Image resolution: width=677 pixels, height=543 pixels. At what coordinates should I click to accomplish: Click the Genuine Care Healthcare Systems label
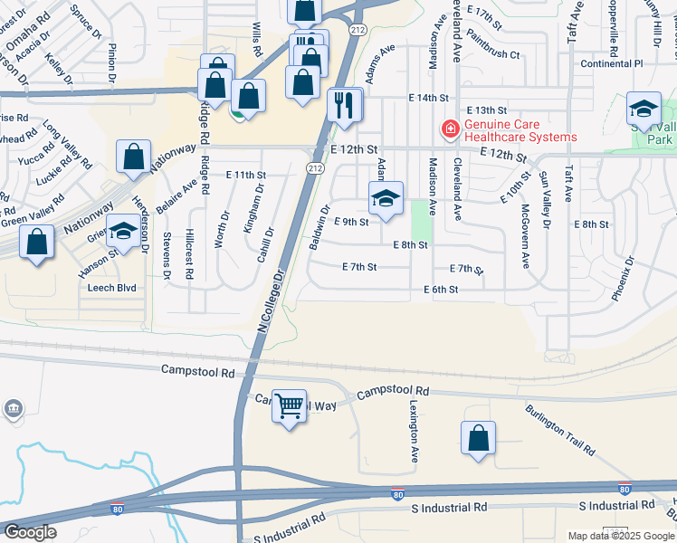pos(520,131)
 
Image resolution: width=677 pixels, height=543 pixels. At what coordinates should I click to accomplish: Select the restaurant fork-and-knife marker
pos(344,105)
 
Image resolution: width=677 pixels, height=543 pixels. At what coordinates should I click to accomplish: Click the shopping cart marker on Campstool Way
pos(290,407)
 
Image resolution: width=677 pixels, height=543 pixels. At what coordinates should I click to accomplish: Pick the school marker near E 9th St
pos(386,199)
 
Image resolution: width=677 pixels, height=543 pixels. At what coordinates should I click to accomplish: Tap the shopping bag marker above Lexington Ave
pos(479,438)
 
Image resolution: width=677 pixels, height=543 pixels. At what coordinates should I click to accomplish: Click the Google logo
pos(30,532)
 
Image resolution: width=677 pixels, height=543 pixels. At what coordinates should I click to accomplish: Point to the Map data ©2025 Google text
pos(620,536)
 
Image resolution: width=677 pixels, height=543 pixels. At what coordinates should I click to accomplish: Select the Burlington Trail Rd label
pos(560,429)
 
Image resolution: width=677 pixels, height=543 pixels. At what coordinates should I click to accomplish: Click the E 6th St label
pos(442,290)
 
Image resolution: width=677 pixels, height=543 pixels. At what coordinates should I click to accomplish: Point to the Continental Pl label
pos(611,63)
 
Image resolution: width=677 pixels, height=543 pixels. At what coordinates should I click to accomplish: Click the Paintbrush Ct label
pos(489,54)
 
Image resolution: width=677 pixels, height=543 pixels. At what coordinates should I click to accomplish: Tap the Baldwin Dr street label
pos(318,228)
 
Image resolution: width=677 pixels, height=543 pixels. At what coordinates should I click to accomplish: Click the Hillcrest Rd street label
pos(190,254)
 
